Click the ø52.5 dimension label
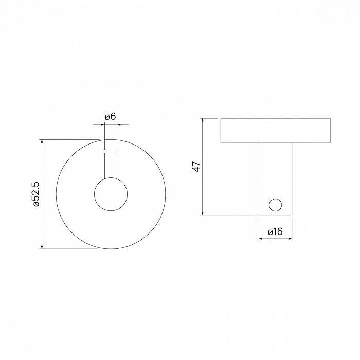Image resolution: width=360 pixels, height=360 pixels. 37,194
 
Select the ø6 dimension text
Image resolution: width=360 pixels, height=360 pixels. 111,117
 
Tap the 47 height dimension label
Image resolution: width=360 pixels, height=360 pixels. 197,167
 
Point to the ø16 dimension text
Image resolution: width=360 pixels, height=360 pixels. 275,231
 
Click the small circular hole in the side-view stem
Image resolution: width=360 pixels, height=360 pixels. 276,205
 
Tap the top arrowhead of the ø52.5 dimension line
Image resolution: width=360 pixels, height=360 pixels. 42,141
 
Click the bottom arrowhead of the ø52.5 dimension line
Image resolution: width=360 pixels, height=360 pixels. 42,247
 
